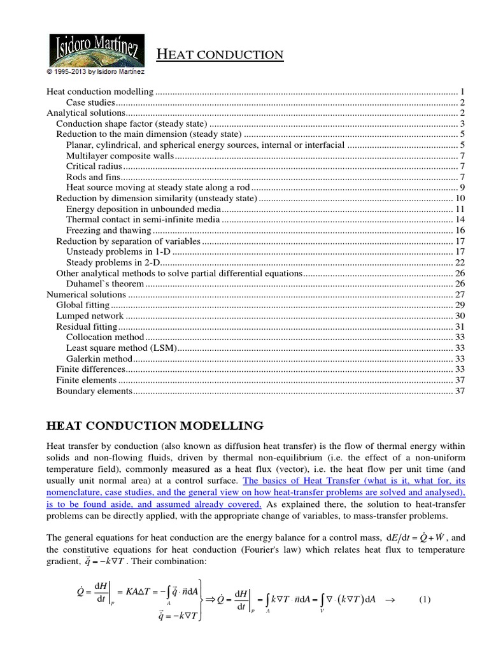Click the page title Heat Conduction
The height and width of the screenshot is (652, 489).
220,55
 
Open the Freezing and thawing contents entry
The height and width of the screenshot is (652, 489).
109,230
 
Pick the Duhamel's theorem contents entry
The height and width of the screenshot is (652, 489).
105,283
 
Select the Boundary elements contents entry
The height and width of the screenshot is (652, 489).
94,391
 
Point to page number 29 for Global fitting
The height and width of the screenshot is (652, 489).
461,305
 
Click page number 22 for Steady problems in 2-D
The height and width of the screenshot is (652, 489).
461,262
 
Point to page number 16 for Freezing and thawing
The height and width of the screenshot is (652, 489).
461,230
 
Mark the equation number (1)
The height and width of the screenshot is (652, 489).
425,600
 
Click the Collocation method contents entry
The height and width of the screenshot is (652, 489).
105,337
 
